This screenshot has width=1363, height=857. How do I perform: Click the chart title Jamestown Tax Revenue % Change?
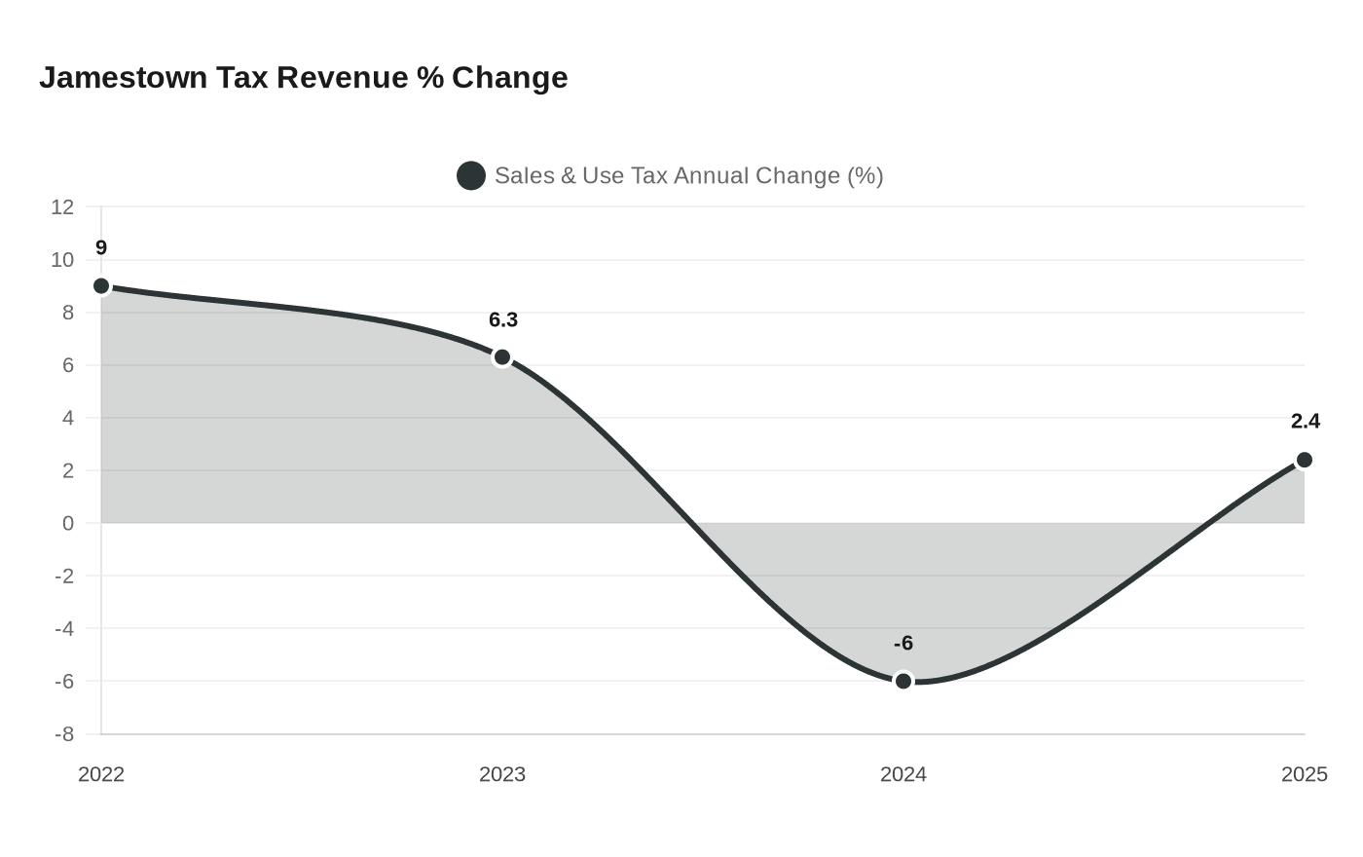pyautogui.click(x=303, y=77)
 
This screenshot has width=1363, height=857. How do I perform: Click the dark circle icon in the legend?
pyautogui.click(x=471, y=176)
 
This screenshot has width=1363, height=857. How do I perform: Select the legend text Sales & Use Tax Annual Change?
pyautogui.click(x=688, y=176)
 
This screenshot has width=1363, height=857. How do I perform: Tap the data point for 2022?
pyautogui.click(x=101, y=285)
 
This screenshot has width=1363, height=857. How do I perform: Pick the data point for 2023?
pyautogui.click(x=502, y=357)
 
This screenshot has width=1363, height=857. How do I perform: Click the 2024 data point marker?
pyautogui.click(x=903, y=681)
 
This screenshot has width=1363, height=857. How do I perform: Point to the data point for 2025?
pyautogui.click(x=1304, y=460)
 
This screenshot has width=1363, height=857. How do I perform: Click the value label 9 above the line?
pyautogui.click(x=101, y=248)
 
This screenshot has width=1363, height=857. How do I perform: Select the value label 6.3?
pyautogui.click(x=502, y=320)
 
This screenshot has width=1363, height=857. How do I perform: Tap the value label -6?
pyautogui.click(x=903, y=644)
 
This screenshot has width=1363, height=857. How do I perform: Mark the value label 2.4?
pyautogui.click(x=1305, y=422)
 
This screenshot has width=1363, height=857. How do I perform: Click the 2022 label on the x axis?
pyautogui.click(x=101, y=774)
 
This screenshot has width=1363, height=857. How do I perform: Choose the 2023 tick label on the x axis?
pyautogui.click(x=502, y=774)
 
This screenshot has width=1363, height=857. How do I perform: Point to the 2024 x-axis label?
pyautogui.click(x=903, y=774)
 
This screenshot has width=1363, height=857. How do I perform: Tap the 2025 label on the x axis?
pyautogui.click(x=1304, y=774)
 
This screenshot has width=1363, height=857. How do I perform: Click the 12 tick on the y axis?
pyautogui.click(x=62, y=207)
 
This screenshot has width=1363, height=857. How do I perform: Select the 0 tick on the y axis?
pyautogui.click(x=68, y=524)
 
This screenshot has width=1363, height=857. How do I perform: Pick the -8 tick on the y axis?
pyautogui.click(x=64, y=734)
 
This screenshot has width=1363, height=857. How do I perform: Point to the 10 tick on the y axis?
pyautogui.click(x=62, y=260)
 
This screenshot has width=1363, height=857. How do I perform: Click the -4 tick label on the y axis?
pyautogui.click(x=64, y=629)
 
